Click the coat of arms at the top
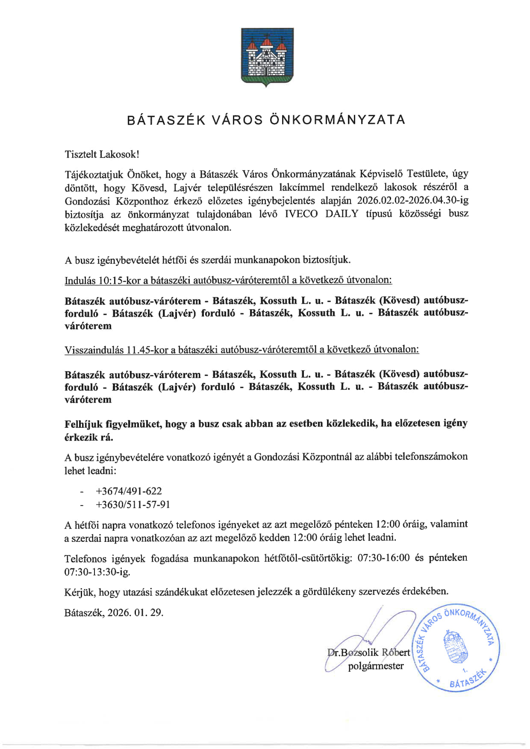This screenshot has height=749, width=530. [267, 57]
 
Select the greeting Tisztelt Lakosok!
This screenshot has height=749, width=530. [102, 154]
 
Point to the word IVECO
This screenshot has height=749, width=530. [301, 214]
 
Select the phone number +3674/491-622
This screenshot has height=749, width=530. [129, 491]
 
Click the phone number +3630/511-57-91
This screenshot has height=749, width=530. [133, 505]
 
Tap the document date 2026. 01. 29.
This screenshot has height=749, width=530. [135, 613]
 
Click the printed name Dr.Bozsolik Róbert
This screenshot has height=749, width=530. [368, 652]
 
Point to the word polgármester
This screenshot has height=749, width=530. [376, 666]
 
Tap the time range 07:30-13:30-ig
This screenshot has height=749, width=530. [97, 571]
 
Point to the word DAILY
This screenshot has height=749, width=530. [342, 214]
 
